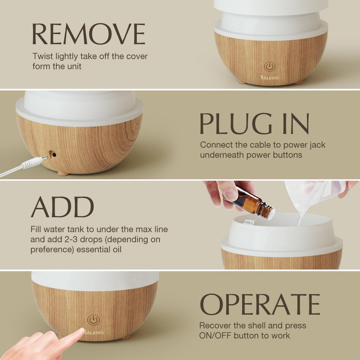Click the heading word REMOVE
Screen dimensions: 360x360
click(x=88, y=34)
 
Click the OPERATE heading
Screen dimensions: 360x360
click(x=260, y=304)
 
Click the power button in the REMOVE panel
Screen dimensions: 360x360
click(x=269, y=66)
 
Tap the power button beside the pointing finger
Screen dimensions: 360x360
click(x=93, y=320)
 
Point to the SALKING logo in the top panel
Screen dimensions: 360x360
click(x=270, y=77)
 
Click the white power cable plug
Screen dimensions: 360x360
click(x=34, y=163)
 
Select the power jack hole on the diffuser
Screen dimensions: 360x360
click(x=54, y=155)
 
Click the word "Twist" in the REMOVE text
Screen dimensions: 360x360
click(x=42, y=56)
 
